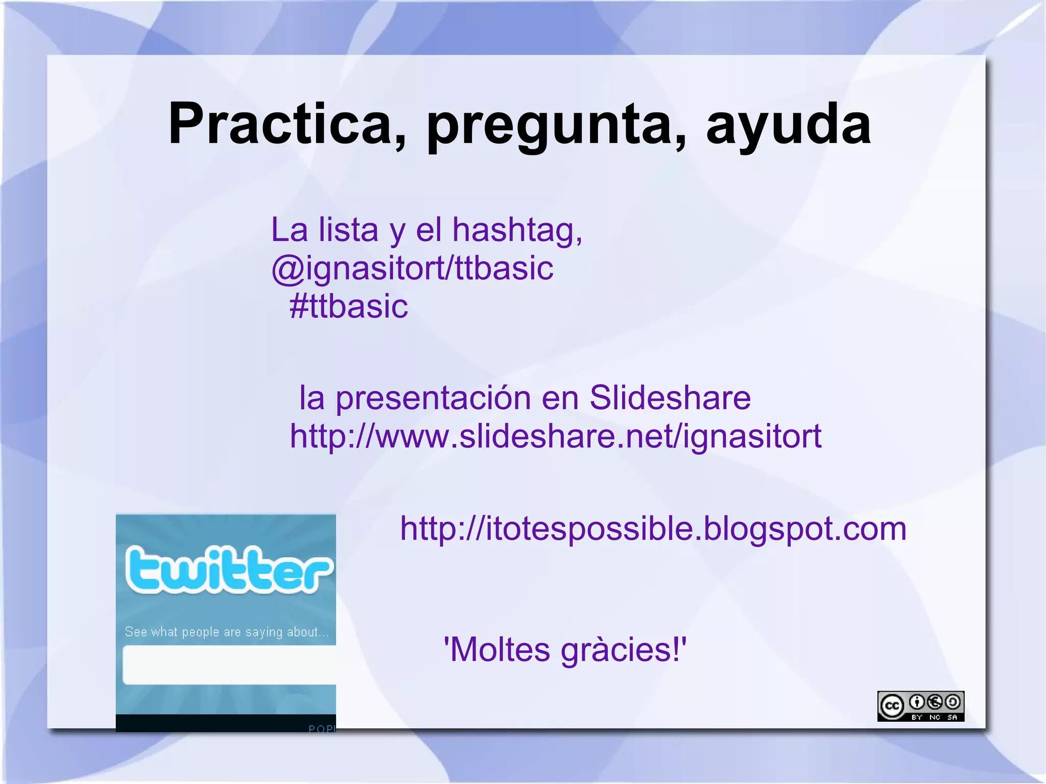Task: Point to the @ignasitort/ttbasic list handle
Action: pos(412,269)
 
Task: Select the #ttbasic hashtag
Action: pos(348,306)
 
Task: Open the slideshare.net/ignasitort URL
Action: pos(556,437)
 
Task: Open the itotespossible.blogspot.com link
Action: pos(653,529)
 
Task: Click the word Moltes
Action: pos(498,650)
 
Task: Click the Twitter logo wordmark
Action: pos(228,569)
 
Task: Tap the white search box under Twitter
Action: pos(229,665)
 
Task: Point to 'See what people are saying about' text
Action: pos(227,632)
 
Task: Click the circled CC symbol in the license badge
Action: pos(892,706)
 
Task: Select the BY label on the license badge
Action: pos(917,717)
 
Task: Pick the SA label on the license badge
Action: pos(953,717)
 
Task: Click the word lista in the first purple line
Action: pos(348,230)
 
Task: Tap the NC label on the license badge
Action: pos(935,717)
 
